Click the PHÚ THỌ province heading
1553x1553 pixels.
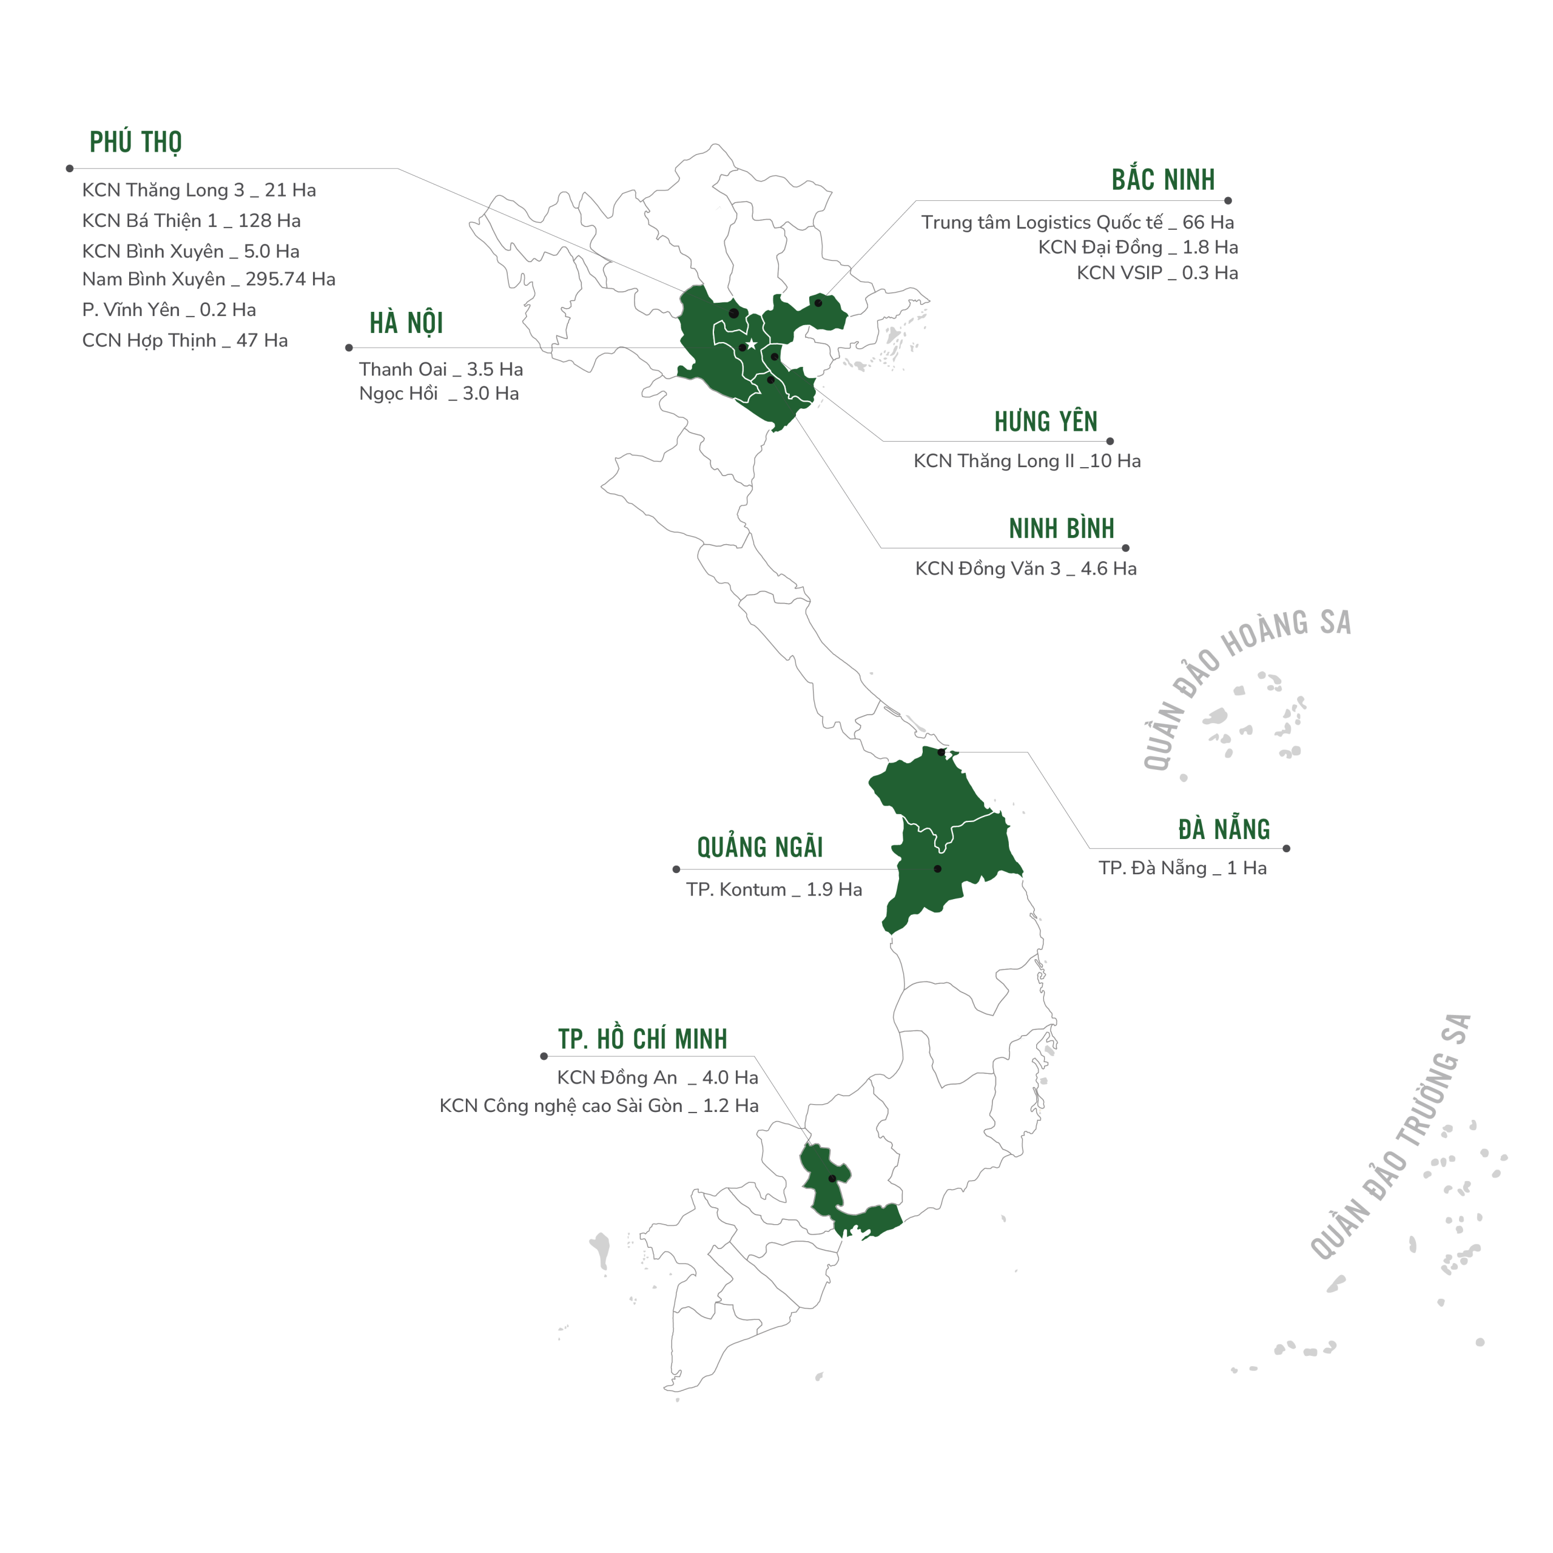coord(135,143)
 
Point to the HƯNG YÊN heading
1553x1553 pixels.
coord(1045,421)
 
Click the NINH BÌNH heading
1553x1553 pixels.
coord(1061,528)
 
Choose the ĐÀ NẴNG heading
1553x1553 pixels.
coord(1224,829)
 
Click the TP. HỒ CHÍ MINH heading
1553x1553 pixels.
coord(642,1039)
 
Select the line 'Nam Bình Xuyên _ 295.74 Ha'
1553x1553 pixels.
coord(208,279)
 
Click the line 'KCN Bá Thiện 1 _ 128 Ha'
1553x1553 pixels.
coord(191,220)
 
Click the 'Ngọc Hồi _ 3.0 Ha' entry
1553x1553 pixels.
coord(438,393)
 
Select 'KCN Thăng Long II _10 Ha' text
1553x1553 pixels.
coord(1026,460)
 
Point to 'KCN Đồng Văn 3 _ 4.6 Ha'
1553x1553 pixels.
coord(1025,568)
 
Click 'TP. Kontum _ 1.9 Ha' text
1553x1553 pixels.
coord(773,889)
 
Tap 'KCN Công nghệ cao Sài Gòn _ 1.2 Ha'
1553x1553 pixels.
coord(598,1105)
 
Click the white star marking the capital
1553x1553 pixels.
coord(751,344)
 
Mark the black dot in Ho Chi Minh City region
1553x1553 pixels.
coord(832,1179)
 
